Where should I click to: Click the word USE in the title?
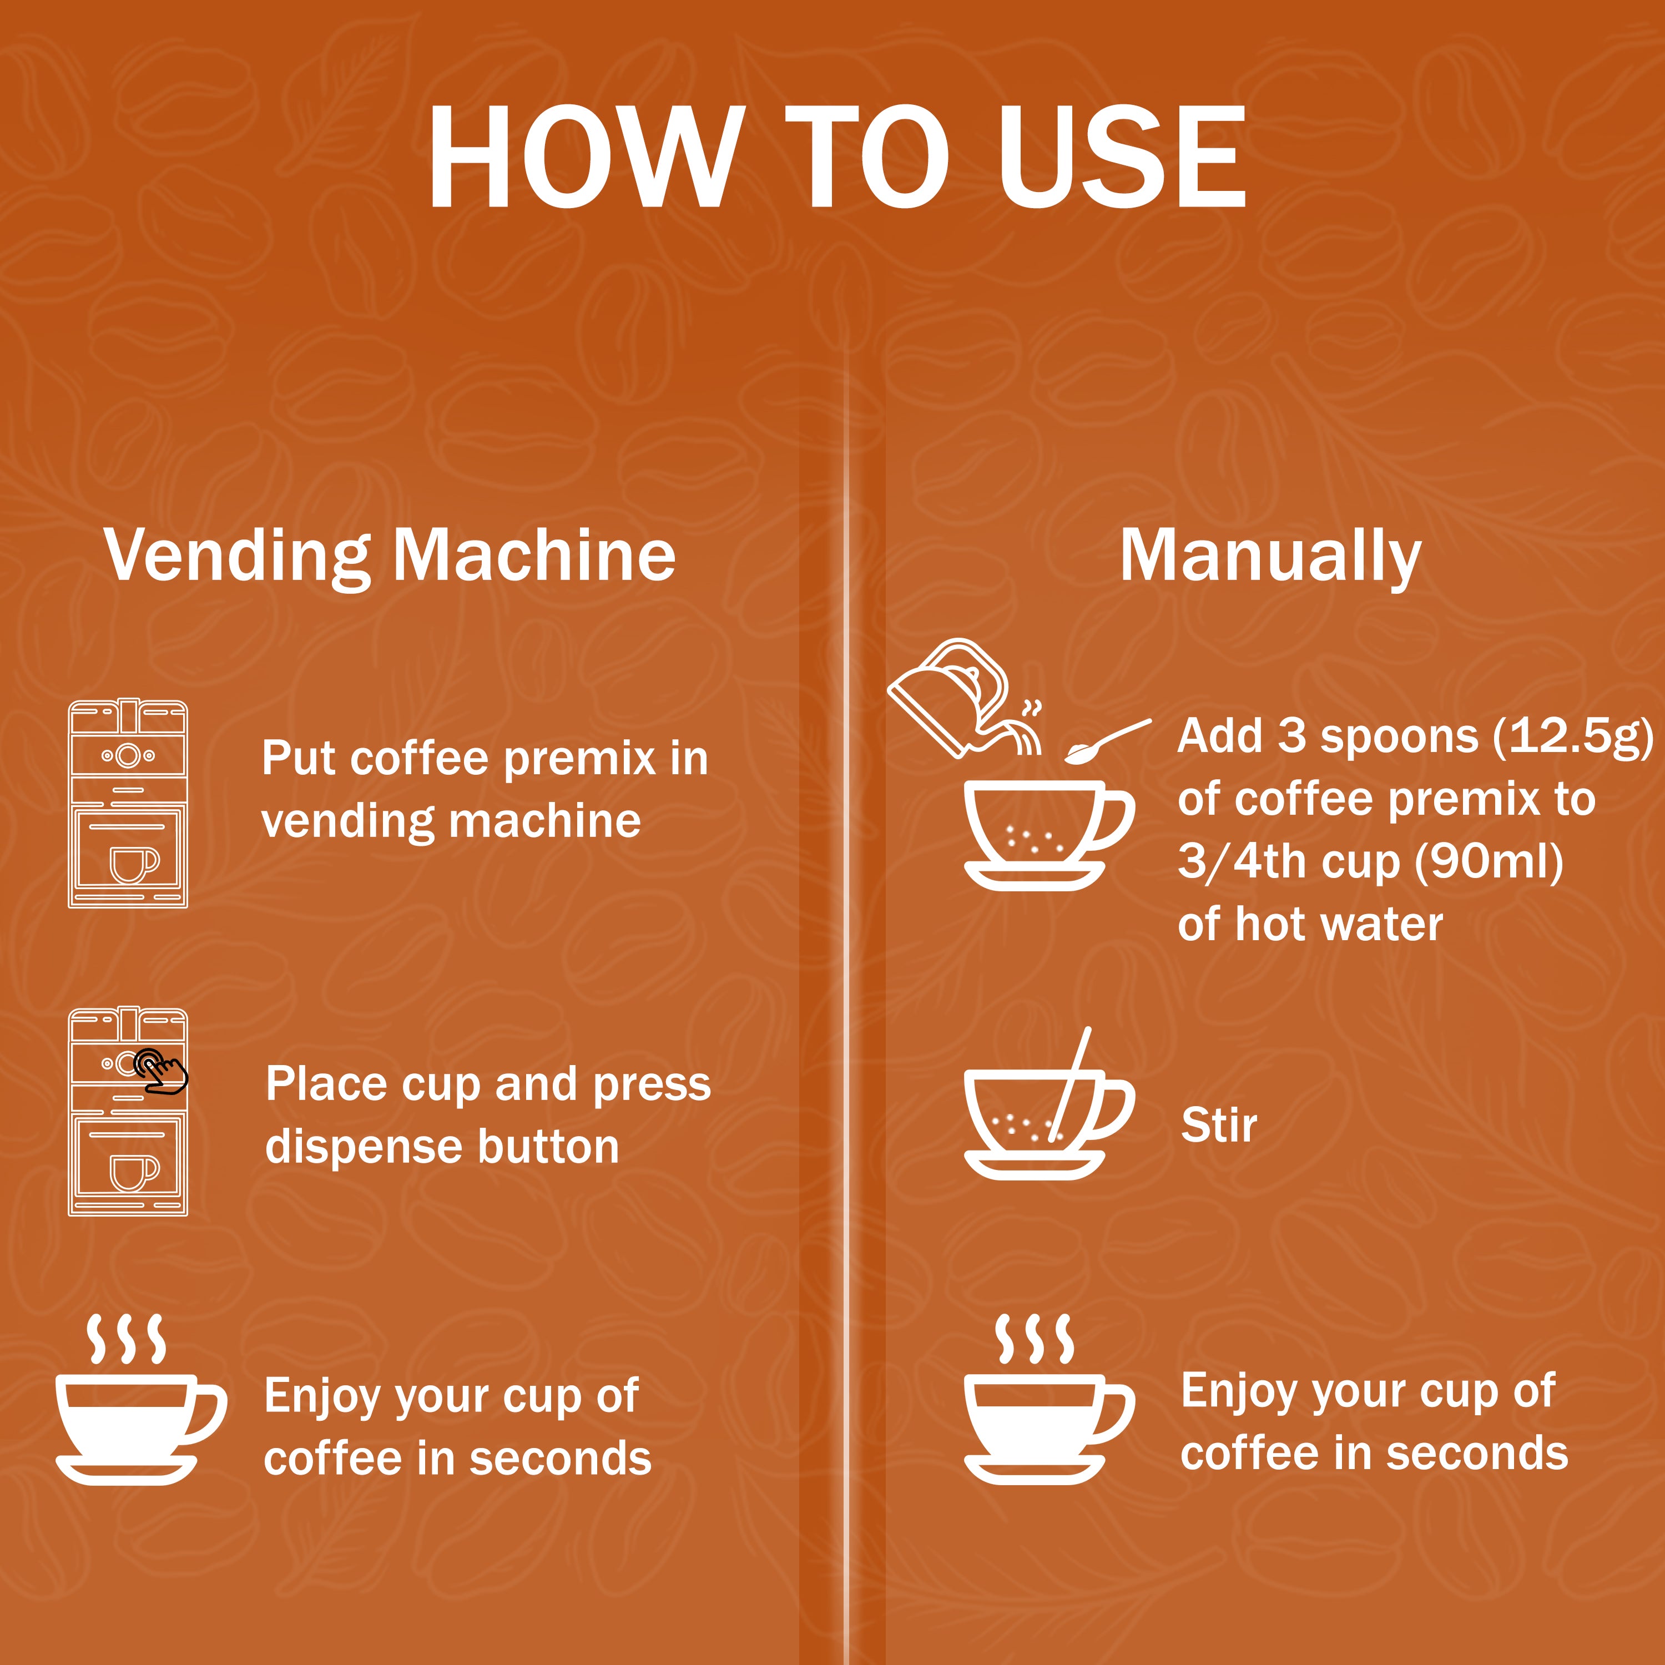pyautogui.click(x=1121, y=157)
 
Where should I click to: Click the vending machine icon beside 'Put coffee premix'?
pyautogui.click(x=128, y=803)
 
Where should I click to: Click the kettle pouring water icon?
pyautogui.click(x=965, y=699)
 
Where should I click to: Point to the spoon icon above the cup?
pyautogui.click(x=1107, y=741)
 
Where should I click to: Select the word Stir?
pyautogui.click(x=1219, y=1124)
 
